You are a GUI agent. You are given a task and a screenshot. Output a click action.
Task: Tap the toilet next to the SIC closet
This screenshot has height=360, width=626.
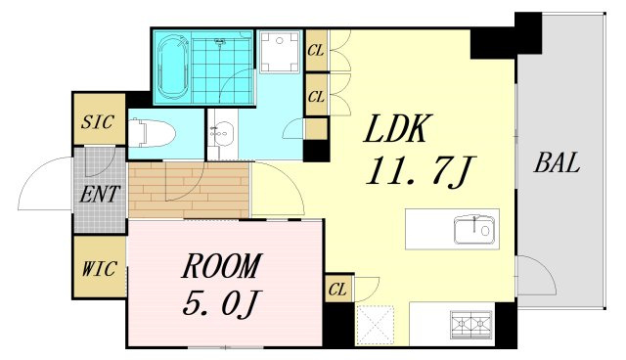click(153, 132)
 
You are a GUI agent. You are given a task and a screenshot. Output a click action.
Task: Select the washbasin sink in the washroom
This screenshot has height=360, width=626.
click(223, 132)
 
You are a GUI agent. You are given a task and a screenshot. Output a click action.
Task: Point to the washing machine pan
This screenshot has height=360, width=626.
click(279, 52)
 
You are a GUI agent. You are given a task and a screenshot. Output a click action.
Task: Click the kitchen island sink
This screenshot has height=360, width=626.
click(474, 230)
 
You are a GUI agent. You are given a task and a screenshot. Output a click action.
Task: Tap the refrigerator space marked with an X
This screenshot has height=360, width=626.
click(374, 324)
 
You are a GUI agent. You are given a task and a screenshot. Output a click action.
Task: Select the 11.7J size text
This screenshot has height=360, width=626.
click(419, 171)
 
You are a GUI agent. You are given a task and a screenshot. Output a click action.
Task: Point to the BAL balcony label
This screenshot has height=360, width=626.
click(557, 162)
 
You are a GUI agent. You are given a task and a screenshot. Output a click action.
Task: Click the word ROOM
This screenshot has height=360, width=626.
click(222, 265)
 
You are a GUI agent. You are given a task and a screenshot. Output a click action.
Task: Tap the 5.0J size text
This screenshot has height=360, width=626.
click(220, 303)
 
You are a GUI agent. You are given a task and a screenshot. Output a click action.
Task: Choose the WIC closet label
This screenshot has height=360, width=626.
click(100, 268)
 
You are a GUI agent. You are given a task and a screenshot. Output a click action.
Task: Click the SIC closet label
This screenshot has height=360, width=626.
click(98, 121)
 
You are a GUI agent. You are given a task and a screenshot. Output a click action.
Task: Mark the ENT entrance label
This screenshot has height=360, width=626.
click(100, 195)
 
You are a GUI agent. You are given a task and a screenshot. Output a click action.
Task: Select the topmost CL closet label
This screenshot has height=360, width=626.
click(316, 50)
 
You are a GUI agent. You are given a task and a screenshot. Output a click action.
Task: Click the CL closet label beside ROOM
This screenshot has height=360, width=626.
click(337, 289)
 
